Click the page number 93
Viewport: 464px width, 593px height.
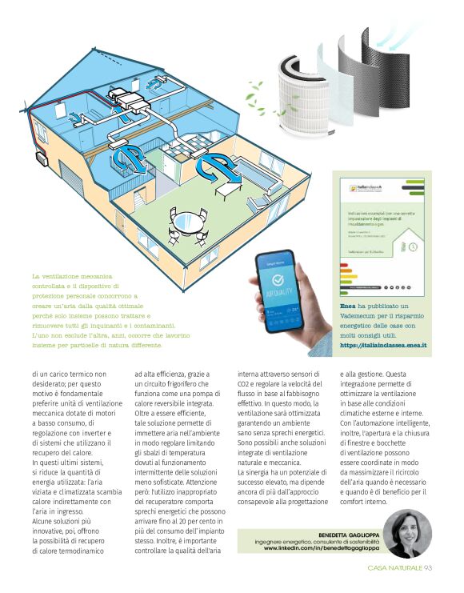click(428, 568)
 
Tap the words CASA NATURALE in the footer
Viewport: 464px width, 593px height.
click(394, 568)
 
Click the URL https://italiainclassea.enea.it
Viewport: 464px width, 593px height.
click(383, 345)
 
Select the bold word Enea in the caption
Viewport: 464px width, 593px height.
click(348, 307)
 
